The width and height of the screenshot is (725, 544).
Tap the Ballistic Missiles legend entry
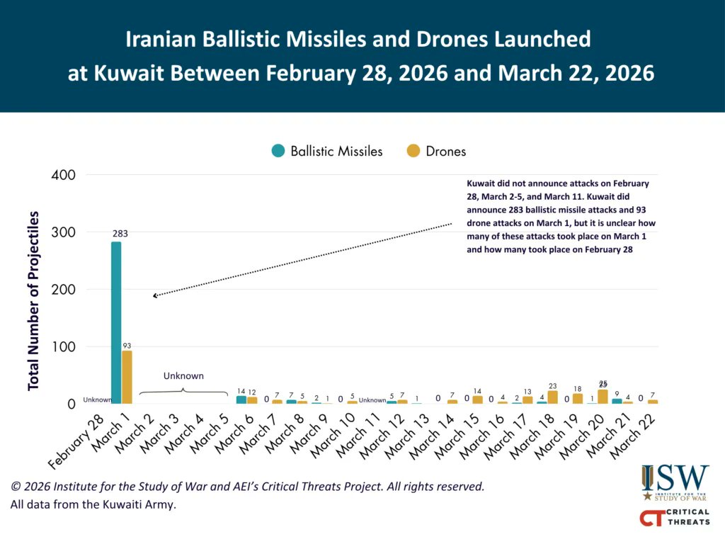coord(327,151)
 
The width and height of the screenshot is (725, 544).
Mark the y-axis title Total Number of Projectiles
coord(33,300)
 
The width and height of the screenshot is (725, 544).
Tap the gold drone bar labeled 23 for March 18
coord(552,397)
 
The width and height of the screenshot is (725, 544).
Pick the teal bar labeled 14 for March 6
coord(241,400)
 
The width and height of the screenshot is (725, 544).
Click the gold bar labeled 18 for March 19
coord(578,399)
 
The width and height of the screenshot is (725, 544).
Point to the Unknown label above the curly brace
coord(183,376)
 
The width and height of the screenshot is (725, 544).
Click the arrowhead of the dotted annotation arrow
coord(155,295)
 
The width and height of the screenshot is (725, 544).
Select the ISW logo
coord(674,482)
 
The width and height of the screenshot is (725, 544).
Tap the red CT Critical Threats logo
coord(674,518)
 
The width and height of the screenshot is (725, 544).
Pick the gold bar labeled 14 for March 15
coord(477,400)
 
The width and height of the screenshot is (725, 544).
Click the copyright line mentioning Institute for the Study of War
coord(248,487)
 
